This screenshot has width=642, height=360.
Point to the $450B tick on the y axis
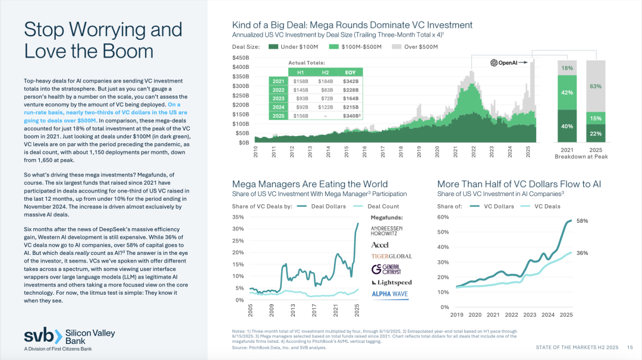coord(241,58)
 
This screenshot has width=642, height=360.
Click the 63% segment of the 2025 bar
coord(596,86)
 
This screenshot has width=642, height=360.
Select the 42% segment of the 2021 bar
coord(567,93)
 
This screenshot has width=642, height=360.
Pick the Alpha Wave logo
coord(389,294)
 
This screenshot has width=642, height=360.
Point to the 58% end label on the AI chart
coord(582,220)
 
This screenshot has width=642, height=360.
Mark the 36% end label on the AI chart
coord(582,253)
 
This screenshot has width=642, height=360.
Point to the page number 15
coord(630,346)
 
